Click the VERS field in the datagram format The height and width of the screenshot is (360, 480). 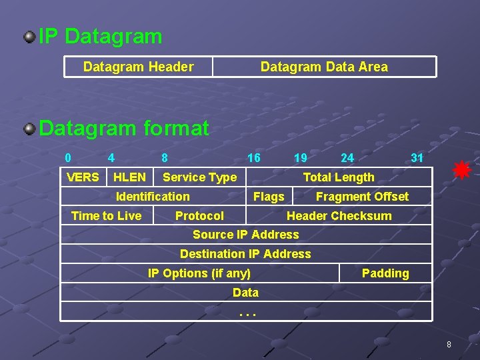[x=83, y=177]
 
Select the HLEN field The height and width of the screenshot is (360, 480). [x=129, y=177]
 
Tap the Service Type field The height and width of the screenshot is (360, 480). [x=199, y=177]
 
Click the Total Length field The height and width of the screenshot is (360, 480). [x=339, y=177]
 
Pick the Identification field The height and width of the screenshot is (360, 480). [x=153, y=196]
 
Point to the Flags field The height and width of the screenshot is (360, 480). [x=269, y=196]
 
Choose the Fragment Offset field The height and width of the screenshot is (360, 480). [x=362, y=196]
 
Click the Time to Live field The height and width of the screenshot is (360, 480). [x=107, y=215]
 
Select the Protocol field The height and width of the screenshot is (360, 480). [x=199, y=215]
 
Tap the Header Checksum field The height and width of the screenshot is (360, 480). [x=339, y=215]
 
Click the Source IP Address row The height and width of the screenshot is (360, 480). [x=246, y=235]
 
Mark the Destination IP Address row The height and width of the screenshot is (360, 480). [x=246, y=254]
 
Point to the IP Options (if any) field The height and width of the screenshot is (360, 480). [x=199, y=273]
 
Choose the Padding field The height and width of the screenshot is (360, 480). [x=385, y=273]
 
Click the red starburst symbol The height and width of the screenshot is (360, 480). [x=462, y=171]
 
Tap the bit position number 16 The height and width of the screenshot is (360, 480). [x=254, y=158]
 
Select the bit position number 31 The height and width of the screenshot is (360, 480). [x=417, y=158]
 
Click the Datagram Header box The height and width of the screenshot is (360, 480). [x=139, y=67]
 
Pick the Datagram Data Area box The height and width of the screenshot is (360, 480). [x=324, y=67]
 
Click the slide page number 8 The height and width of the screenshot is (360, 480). [x=449, y=345]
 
